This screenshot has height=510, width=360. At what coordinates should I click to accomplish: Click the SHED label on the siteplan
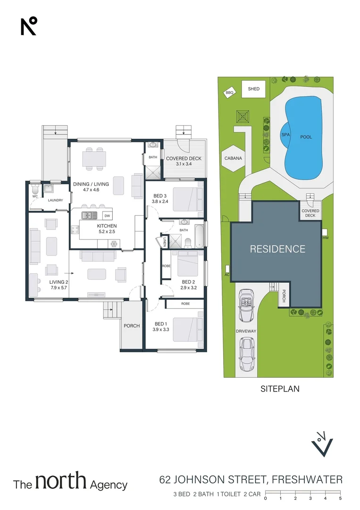253,89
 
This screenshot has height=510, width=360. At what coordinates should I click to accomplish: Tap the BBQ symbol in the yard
230,93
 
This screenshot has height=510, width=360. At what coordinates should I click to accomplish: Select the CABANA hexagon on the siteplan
233,158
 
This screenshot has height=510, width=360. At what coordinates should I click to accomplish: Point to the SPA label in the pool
285,135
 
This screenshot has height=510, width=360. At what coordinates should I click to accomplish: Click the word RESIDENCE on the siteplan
277,249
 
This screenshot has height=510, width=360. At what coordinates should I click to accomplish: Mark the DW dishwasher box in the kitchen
107,216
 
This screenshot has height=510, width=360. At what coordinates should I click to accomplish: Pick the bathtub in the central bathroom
200,236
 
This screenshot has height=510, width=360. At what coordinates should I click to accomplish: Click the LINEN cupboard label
165,242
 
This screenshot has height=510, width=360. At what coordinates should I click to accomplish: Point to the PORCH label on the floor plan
131,326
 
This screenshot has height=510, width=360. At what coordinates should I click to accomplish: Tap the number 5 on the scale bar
340,498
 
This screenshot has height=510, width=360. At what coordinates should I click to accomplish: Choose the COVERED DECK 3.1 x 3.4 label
184,161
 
